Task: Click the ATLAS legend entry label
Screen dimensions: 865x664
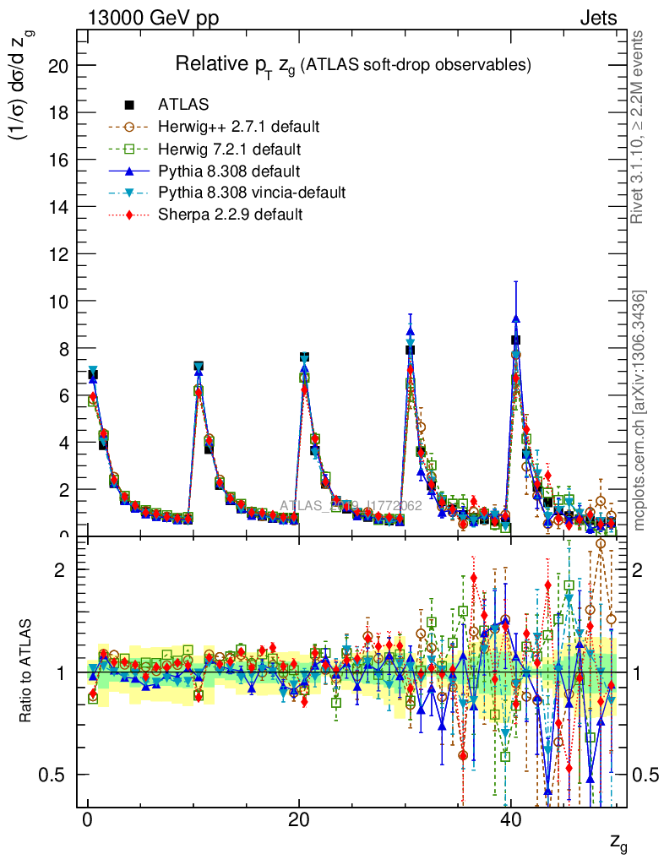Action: [x=183, y=105]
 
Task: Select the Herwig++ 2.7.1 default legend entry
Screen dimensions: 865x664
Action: [x=238, y=127]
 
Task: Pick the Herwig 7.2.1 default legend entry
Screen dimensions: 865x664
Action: [x=229, y=149]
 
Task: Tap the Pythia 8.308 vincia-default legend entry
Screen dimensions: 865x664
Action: [x=251, y=193]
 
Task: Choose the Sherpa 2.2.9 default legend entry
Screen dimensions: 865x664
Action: [x=230, y=215]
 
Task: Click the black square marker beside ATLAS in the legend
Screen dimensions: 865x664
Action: [x=129, y=105]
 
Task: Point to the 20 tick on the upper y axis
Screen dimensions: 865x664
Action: [x=57, y=66]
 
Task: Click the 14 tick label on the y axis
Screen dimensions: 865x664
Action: [x=57, y=207]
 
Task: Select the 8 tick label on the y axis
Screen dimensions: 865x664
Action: [x=62, y=348]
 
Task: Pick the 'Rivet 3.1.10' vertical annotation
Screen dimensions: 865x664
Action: [x=640, y=127]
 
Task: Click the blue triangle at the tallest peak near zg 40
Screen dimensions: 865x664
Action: [x=515, y=318]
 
